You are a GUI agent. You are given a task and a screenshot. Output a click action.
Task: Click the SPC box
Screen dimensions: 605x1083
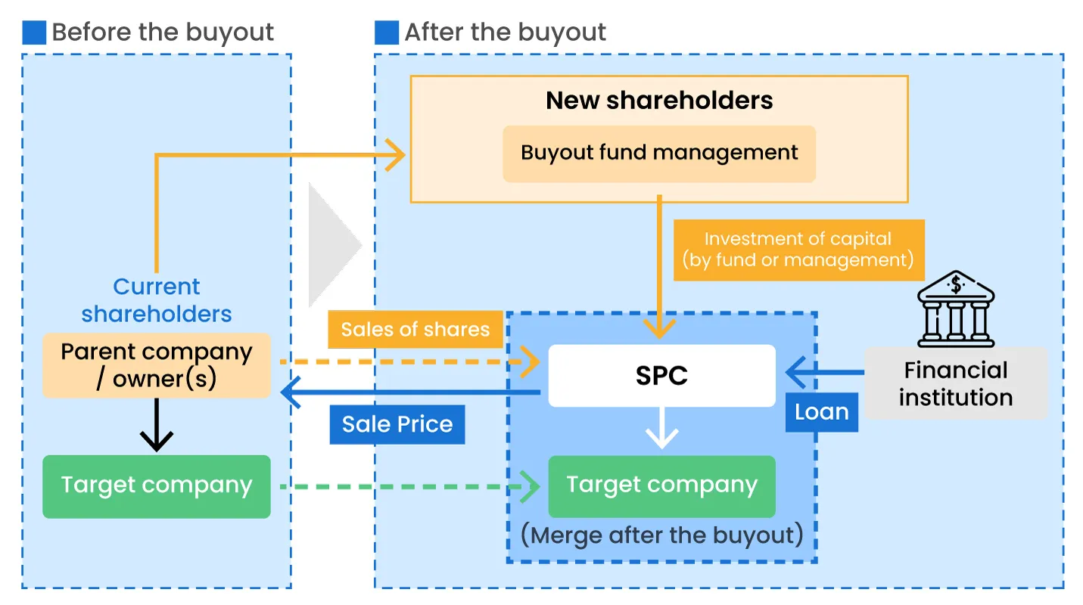661,375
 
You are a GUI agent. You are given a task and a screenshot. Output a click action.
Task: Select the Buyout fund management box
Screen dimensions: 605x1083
659,154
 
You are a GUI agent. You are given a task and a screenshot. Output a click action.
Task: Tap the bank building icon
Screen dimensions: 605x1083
956,311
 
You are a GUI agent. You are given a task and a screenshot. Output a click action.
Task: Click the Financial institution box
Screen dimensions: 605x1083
956,383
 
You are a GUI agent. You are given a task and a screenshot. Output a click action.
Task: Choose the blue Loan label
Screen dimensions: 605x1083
821,412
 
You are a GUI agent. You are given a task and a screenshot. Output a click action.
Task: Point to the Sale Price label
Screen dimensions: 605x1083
397,424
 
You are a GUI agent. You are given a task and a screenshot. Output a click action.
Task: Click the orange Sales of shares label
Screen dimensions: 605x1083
415,330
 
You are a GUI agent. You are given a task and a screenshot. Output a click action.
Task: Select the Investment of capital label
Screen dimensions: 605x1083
798,250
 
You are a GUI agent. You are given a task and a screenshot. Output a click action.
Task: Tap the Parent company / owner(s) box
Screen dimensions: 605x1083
157,365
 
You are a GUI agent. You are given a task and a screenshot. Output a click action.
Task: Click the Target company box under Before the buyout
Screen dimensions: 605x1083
157,486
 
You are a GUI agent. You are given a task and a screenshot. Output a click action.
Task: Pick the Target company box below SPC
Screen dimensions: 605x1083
661,486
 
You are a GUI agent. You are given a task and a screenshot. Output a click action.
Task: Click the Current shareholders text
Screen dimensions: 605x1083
157,300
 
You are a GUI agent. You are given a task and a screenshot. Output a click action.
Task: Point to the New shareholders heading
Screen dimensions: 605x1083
659,101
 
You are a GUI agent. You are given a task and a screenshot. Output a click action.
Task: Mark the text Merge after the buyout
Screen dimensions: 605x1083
661,535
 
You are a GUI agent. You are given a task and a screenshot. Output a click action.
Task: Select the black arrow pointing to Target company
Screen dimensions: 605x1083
157,427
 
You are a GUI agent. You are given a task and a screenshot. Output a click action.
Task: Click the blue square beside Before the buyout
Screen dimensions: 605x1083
35,33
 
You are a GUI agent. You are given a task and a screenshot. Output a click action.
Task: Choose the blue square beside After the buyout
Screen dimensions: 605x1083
387,33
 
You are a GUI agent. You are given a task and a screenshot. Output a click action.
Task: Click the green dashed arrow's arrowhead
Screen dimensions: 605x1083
531,487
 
